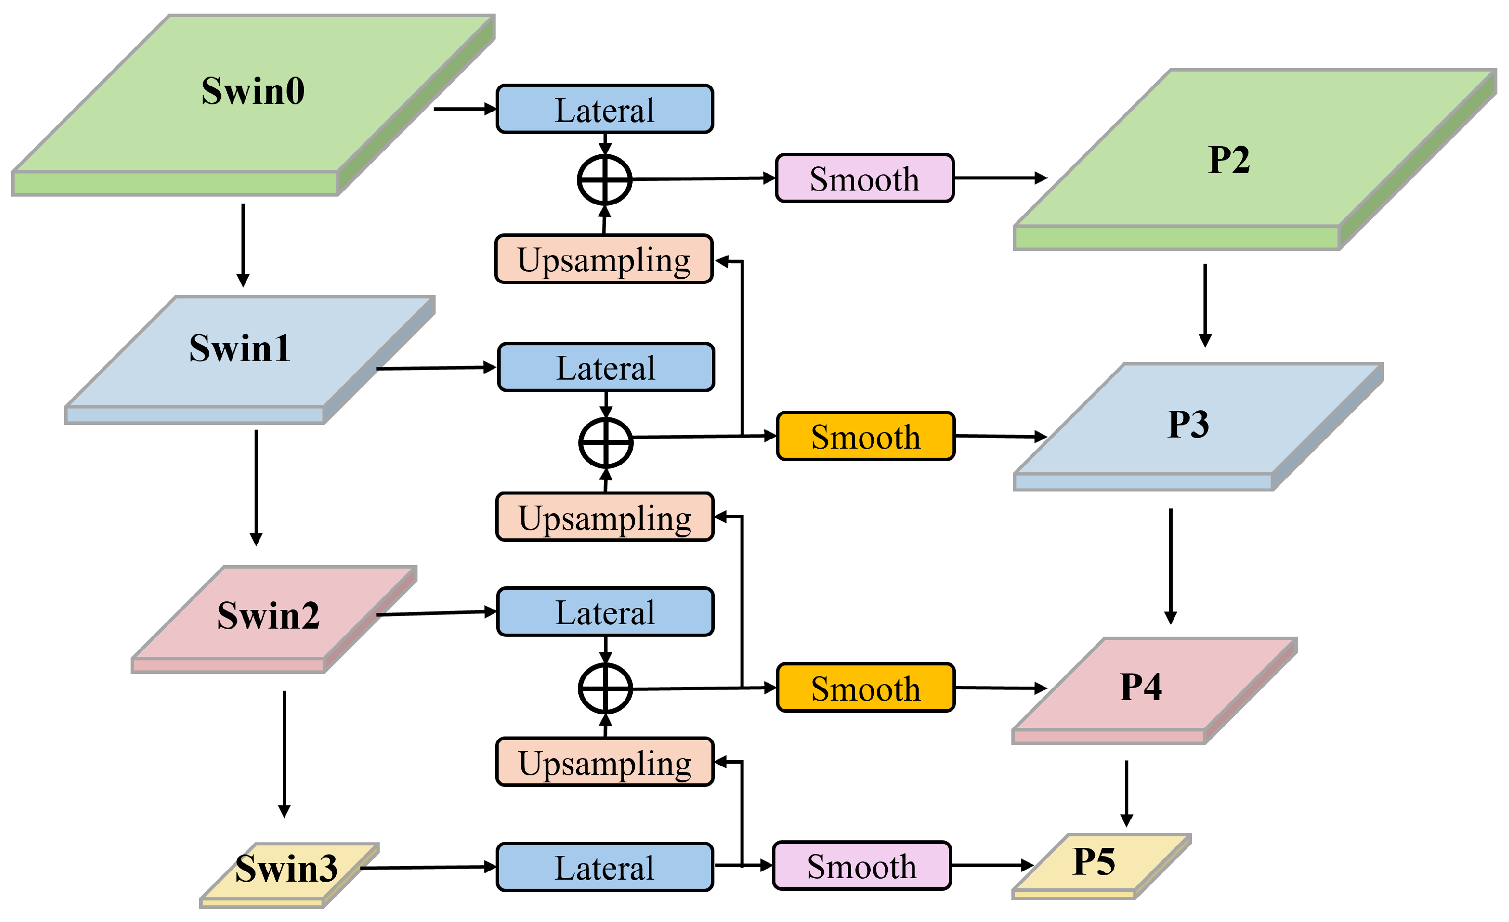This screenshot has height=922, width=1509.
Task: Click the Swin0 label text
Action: coord(253,91)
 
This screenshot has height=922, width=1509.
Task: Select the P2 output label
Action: coord(1229,160)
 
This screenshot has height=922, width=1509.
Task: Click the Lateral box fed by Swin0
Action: coord(605,109)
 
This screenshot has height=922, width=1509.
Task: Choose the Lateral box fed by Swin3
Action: coord(605,867)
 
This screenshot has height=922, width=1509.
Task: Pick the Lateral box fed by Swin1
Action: coord(606,367)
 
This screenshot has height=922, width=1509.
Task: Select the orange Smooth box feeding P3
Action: coord(865,437)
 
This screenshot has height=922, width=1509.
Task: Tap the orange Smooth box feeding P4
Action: coord(865,688)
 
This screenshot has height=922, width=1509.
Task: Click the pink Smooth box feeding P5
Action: coord(862,866)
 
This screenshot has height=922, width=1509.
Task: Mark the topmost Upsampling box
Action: coord(604,259)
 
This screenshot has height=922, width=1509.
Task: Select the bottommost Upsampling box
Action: coord(605,762)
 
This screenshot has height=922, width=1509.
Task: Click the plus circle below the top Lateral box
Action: coord(605,179)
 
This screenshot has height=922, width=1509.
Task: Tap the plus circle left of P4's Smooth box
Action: coord(605,688)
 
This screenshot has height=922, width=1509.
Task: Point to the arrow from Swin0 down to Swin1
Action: coord(243,245)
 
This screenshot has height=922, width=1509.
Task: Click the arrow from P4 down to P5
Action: coord(1126,793)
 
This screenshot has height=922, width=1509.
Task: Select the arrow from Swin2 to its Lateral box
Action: coord(436,613)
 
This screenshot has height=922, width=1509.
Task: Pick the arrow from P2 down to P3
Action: coord(1205,305)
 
